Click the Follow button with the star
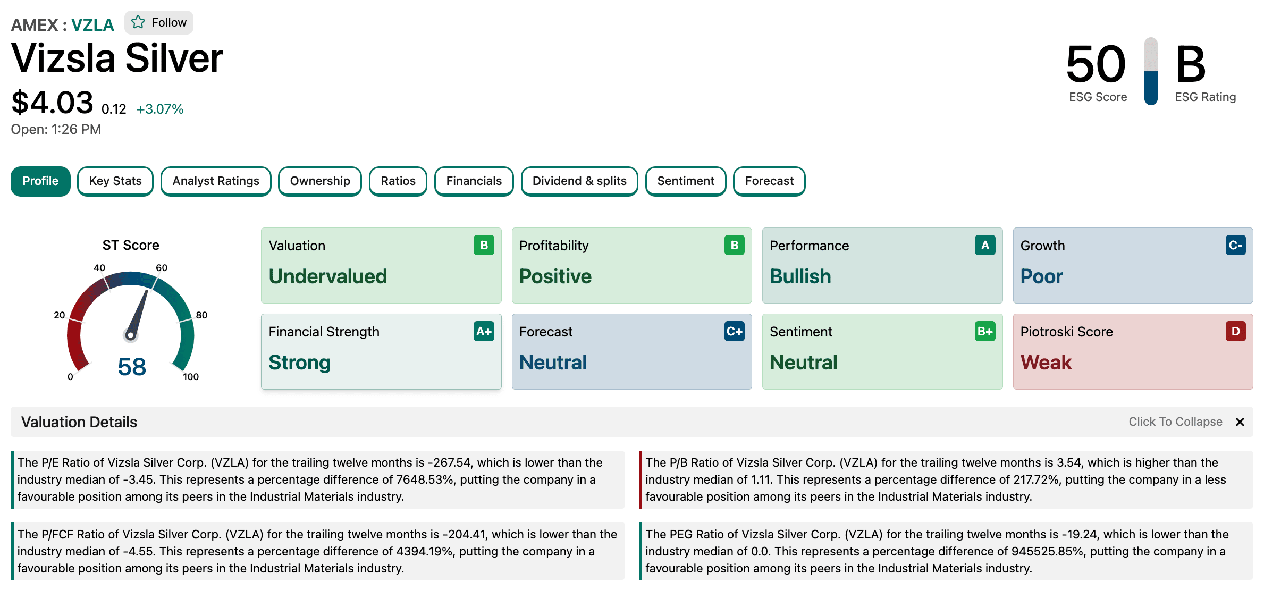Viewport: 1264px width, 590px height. click(159, 22)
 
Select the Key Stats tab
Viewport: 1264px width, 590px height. click(115, 181)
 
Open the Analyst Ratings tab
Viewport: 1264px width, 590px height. click(216, 181)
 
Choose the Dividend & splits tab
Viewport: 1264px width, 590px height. click(579, 181)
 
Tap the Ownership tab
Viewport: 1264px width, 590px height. click(320, 181)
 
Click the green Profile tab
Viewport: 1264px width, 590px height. click(40, 181)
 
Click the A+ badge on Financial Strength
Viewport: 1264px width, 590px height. click(484, 332)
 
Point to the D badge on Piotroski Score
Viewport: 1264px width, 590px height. click(1235, 332)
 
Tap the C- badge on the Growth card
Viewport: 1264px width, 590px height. click(1235, 246)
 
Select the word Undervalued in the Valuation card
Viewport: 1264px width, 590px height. click(328, 276)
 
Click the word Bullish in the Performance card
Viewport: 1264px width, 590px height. click(800, 276)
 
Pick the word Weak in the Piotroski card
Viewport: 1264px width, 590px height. click(1046, 363)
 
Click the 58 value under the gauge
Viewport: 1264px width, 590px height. click(132, 367)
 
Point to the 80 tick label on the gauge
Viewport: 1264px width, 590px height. click(201, 315)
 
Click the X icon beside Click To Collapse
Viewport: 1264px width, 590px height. click(1240, 422)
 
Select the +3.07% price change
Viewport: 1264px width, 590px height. click(160, 109)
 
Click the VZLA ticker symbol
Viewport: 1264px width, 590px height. click(92, 25)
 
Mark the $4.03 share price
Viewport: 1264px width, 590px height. click(52, 103)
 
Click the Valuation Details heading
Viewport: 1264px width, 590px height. click(79, 422)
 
